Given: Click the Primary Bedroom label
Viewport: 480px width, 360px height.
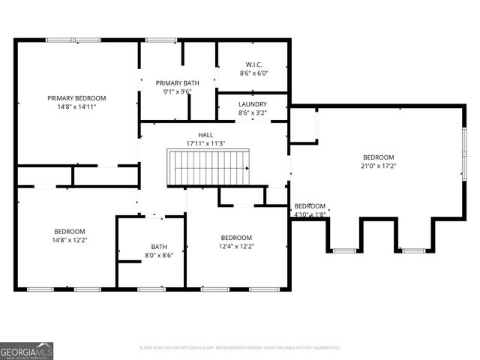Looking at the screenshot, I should click(x=76, y=98).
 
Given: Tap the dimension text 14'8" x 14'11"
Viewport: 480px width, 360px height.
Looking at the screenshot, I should click(x=76, y=107).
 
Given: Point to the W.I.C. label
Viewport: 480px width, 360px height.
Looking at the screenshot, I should click(x=253, y=64).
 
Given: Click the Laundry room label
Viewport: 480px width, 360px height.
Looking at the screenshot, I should click(x=253, y=104).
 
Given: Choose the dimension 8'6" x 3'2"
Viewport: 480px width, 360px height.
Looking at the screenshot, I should click(x=253, y=113).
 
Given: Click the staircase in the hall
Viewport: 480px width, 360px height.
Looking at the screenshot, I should click(x=209, y=167).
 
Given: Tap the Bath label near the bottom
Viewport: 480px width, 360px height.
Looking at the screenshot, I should click(x=159, y=246).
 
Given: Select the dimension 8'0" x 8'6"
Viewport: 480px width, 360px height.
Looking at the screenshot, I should click(x=159, y=255).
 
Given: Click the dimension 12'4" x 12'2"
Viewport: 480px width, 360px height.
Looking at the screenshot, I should click(x=235, y=246).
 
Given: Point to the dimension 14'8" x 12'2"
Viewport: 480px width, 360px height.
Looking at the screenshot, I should click(x=70, y=240).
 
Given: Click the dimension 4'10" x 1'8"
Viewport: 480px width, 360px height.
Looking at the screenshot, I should click(x=310, y=214).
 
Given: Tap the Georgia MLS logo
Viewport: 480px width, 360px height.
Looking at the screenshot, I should click(x=27, y=350).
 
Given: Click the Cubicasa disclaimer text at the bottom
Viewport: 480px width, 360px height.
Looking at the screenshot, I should click(x=240, y=348).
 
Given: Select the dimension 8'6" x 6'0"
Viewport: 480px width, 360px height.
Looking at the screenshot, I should click(x=253, y=73).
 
